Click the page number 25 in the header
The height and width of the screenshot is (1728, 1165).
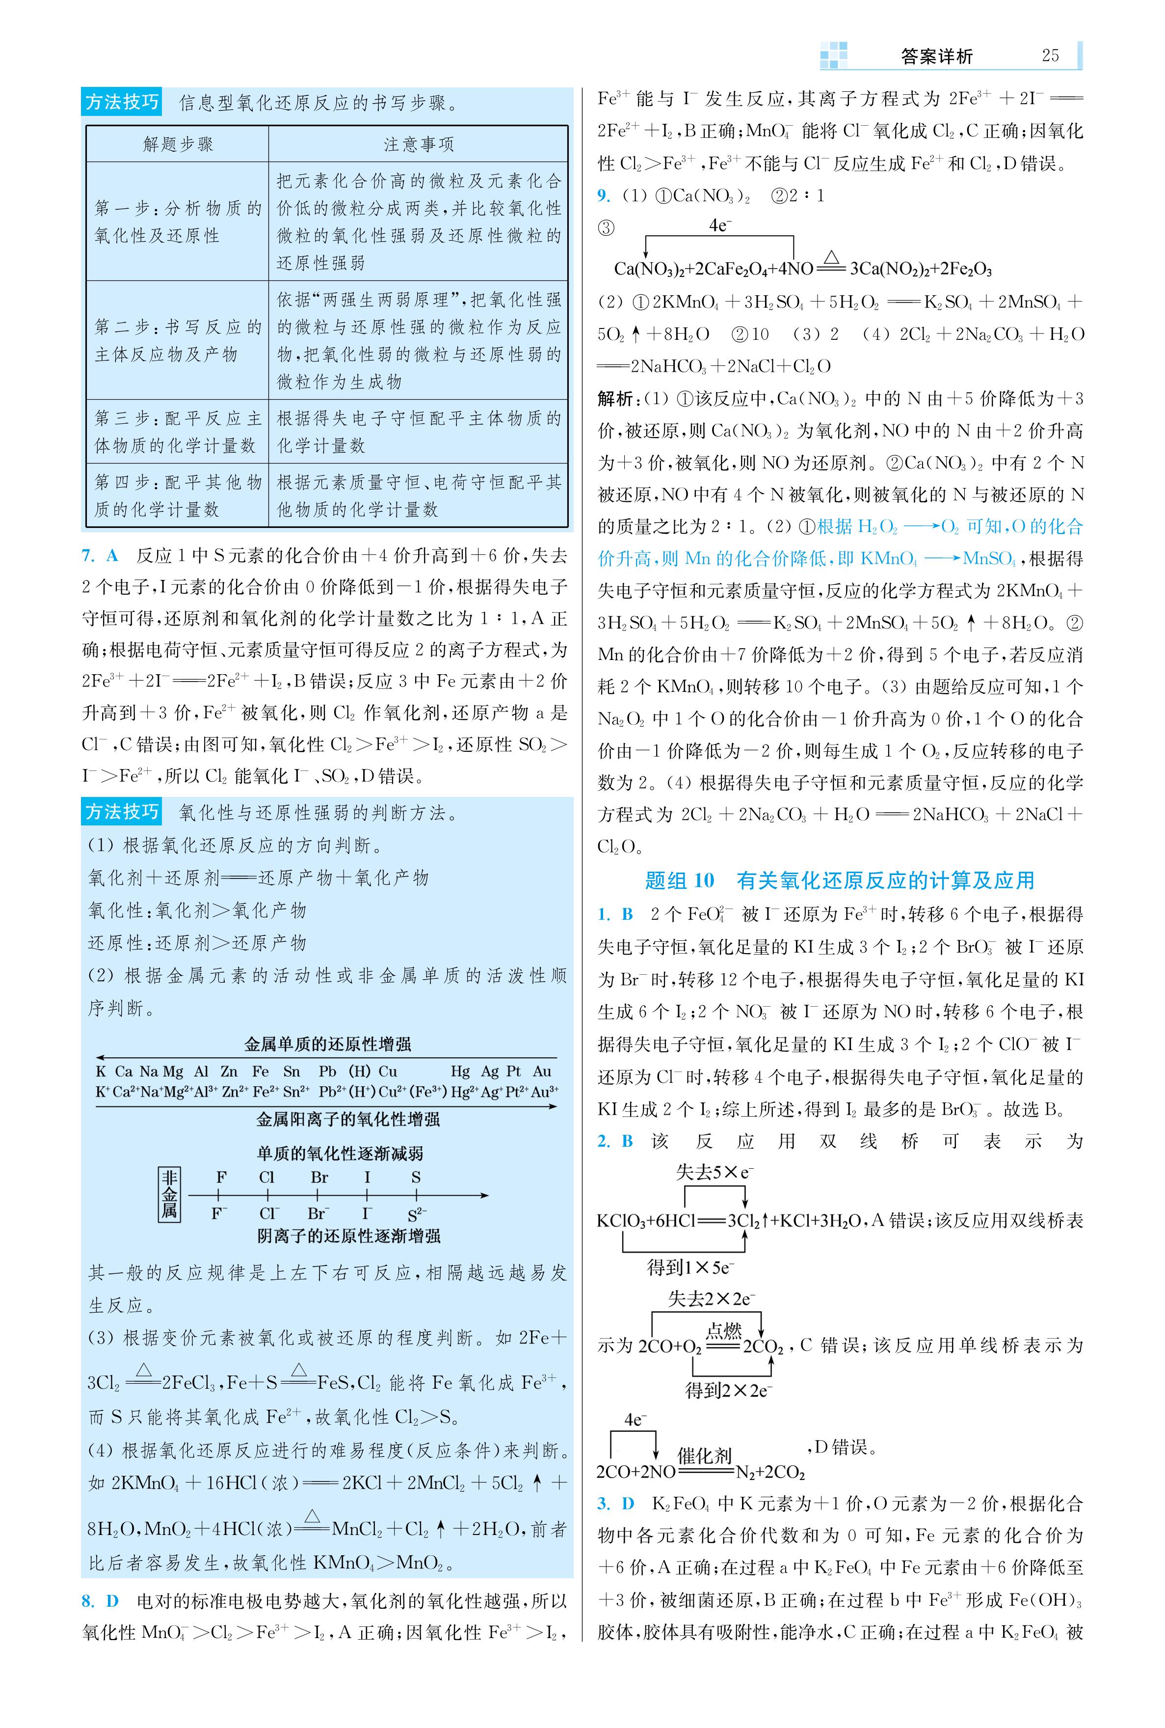(x=1050, y=56)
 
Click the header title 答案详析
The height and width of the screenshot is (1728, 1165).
(x=936, y=56)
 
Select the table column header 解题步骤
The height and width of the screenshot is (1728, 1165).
(x=178, y=144)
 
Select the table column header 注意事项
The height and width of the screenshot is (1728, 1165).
(x=418, y=144)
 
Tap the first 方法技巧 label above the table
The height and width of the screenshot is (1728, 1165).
(x=122, y=102)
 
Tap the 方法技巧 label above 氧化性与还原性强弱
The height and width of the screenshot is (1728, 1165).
(x=122, y=812)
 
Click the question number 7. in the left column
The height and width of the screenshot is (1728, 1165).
(x=88, y=555)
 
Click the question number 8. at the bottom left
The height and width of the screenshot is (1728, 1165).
(x=88, y=1600)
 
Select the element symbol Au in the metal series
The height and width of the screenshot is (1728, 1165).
(x=542, y=1071)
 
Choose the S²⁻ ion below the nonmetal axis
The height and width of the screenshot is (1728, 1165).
(x=417, y=1215)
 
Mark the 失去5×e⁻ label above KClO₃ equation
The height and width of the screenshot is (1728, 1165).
(x=714, y=1172)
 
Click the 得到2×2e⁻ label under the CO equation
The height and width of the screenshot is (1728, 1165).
(x=728, y=1390)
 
